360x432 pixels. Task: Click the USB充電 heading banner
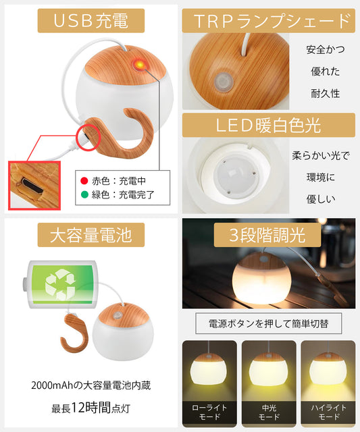point(91,21)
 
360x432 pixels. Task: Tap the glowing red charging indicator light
point(140,65)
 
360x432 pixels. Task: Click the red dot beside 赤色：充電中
point(84,181)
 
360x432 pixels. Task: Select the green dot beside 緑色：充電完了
point(84,194)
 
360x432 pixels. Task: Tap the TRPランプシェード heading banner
point(269,21)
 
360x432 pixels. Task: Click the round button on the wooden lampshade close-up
point(224,82)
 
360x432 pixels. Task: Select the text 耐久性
point(326,94)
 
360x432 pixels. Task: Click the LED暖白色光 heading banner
point(269,125)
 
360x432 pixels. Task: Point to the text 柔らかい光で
point(321,156)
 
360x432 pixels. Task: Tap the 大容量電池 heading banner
point(91,235)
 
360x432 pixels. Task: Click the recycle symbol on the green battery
point(61,284)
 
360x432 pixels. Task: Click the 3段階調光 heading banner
point(267,235)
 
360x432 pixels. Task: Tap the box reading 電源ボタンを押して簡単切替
point(269,323)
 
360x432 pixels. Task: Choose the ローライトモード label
point(209,412)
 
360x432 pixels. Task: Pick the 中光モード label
point(269,412)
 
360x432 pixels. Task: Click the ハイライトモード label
point(328,412)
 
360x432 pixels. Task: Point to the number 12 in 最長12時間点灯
point(78,408)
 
